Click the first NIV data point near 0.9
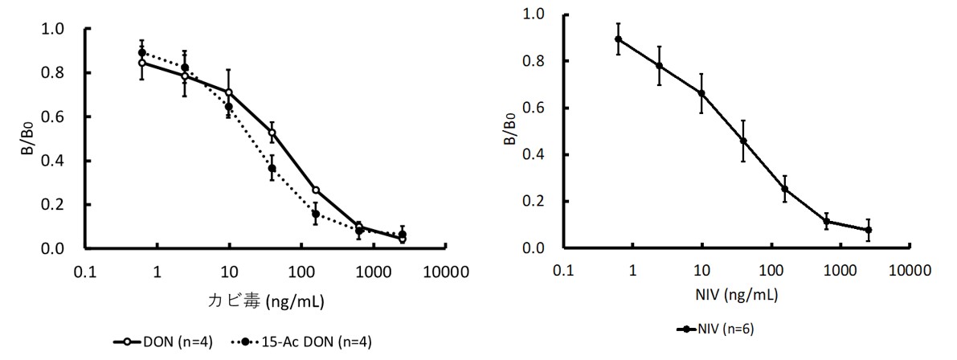tap(619, 39)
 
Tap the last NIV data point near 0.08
tap(869, 230)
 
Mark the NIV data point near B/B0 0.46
tap(743, 141)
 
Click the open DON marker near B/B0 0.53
tap(272, 133)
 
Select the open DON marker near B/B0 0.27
tap(316, 190)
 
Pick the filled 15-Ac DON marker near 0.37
tap(272, 168)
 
